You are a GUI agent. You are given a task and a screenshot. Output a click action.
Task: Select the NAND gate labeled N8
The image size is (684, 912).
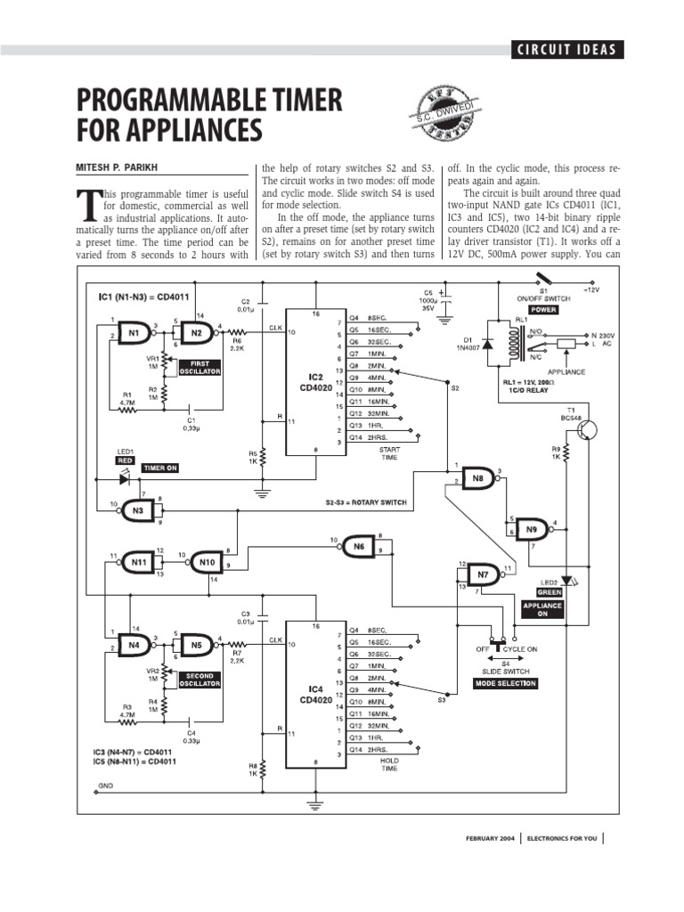coord(477,476)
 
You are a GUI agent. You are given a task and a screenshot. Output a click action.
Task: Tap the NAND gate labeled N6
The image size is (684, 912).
coord(358,544)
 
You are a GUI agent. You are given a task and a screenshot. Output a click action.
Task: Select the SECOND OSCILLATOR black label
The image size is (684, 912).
coord(200,680)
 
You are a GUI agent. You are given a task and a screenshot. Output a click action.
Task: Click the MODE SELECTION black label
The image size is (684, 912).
coord(505,683)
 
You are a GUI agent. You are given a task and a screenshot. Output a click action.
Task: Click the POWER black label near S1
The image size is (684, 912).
coord(543,310)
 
